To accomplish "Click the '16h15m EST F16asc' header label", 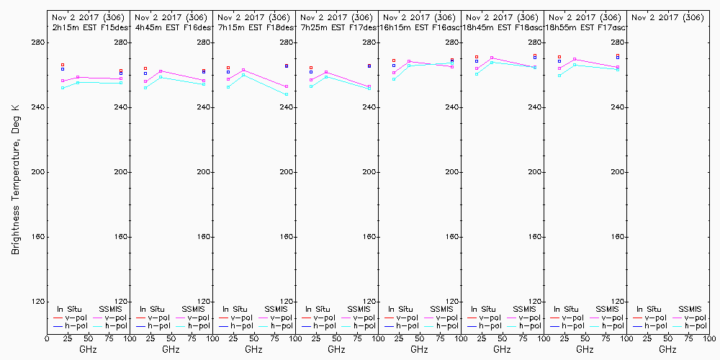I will tap(420, 27).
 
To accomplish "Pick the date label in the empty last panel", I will tap(667, 17).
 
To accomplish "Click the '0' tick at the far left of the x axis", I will tap(47, 337).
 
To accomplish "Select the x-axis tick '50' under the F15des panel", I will tap(88, 337).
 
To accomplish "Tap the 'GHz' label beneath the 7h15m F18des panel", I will tap(253, 349).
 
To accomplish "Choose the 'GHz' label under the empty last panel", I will tap(667, 349).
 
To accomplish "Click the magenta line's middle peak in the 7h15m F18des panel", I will tap(243, 70).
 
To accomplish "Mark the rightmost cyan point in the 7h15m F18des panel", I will tap(287, 94).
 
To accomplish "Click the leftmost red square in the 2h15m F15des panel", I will tap(63, 65).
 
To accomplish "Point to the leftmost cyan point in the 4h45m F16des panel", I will tap(145, 87).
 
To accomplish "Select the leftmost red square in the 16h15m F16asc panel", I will tap(394, 60).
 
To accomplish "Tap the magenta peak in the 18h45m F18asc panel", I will tap(492, 58).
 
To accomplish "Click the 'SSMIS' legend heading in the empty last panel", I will tap(690, 309).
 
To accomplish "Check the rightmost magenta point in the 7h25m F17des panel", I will tap(369, 86).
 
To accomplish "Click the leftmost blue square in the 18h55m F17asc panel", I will tap(559, 61).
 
